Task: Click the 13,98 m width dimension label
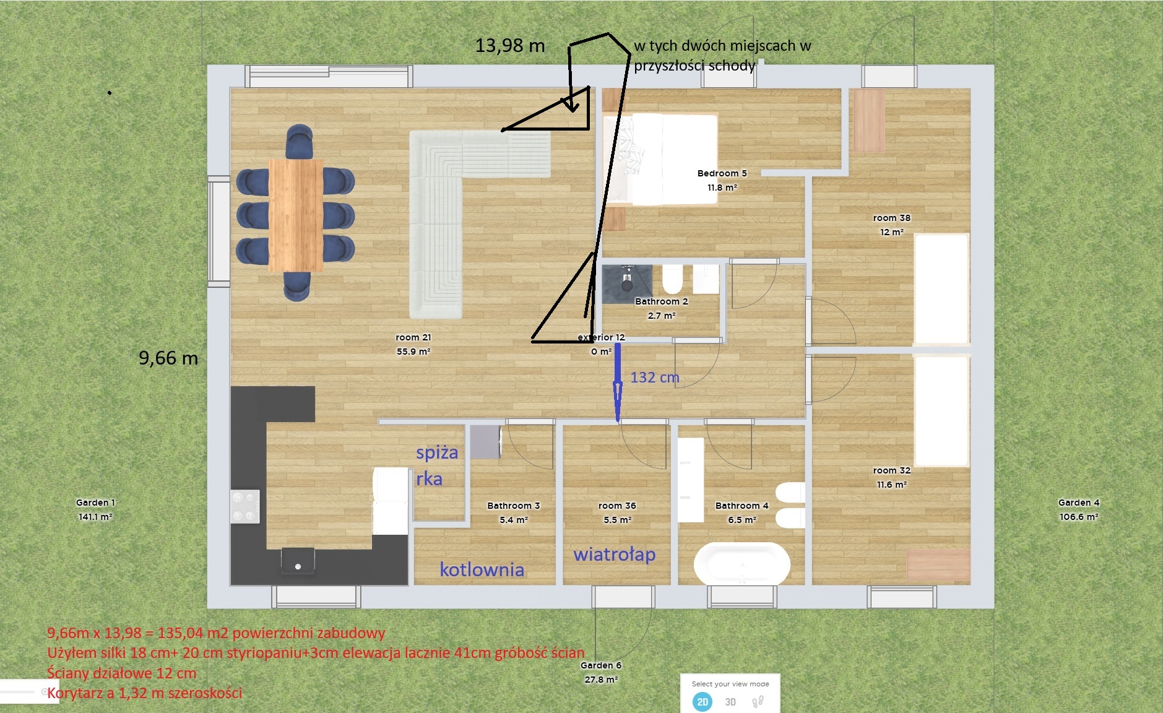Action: [510, 46]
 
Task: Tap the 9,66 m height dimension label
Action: [168, 358]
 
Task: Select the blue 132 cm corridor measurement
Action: [655, 377]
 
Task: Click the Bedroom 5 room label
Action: [722, 173]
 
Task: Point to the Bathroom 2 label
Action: [662, 301]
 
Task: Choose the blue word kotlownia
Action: [482, 569]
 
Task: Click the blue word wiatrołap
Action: [615, 554]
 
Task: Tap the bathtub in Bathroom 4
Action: [742, 564]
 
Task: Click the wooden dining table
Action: [296, 215]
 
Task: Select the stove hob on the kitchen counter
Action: [245, 506]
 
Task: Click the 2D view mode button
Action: [703, 702]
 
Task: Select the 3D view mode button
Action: [730, 702]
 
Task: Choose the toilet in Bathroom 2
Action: [672, 279]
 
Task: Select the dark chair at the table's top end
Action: [300, 142]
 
